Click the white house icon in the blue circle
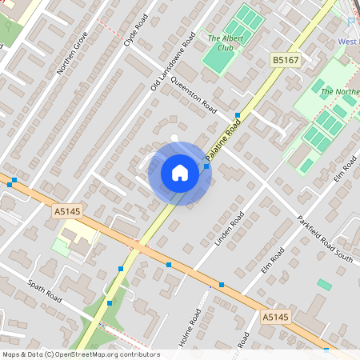coord(179,173)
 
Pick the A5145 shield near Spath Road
coord(67,211)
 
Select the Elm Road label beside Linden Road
coord(273,262)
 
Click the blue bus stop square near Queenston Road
coord(238,115)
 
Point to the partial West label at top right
coord(348,41)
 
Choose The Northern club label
coord(339,92)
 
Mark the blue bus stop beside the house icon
coord(206,166)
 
